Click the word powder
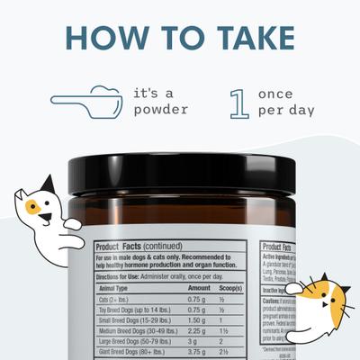click(160, 109)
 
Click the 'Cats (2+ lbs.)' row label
click(112, 299)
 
